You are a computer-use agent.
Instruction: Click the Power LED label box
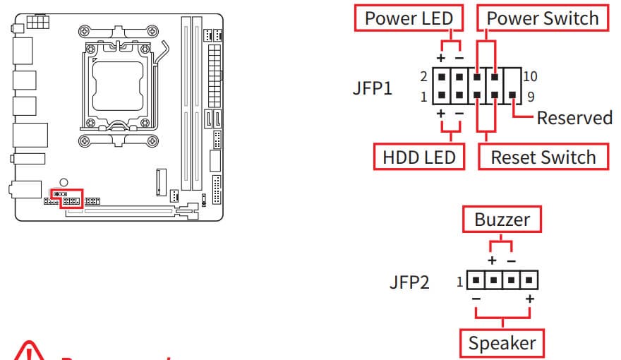coord(409,18)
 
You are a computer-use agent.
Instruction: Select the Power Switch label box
coord(543,18)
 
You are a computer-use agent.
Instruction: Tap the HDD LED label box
coord(419,157)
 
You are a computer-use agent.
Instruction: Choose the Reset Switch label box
coord(543,157)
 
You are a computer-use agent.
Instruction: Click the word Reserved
coord(574,117)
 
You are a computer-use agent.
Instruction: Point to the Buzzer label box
coord(502,220)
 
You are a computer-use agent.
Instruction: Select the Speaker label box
coord(502,344)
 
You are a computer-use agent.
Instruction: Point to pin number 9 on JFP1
coord(530,97)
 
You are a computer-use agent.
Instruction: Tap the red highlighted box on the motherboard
coord(72,198)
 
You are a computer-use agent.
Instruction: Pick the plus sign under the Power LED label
coord(441,56)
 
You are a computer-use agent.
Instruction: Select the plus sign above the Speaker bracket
coord(530,299)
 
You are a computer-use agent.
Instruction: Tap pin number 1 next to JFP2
coord(459,282)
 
